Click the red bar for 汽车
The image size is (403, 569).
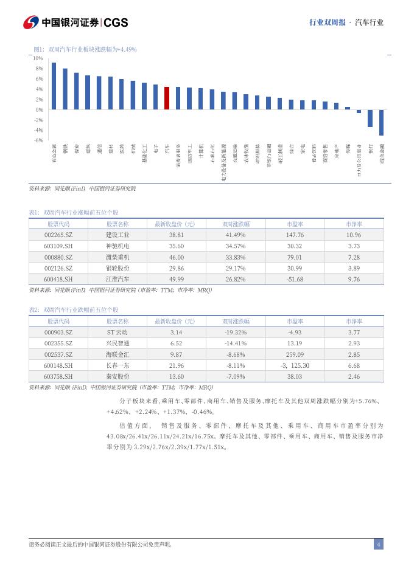pyautogui.click(x=167, y=98)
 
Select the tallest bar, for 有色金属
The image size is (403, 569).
pyautogui.click(x=54, y=86)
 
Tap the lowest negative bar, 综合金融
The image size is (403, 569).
pyautogui.click(x=381, y=122)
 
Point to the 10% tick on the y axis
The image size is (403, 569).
pyautogui.click(x=38, y=58)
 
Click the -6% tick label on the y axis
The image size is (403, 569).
pyautogui.click(x=38, y=140)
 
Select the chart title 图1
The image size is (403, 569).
pyautogui.click(x=85, y=49)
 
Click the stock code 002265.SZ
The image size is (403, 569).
pyautogui.click(x=58, y=235)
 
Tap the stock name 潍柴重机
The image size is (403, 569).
pyautogui.click(x=117, y=257)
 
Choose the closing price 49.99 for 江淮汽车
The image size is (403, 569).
pyautogui.click(x=177, y=279)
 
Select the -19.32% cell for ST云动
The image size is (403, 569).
pyautogui.click(x=236, y=332)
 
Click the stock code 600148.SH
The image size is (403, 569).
pyautogui.click(x=58, y=365)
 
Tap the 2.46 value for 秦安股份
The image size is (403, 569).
pyautogui.click(x=354, y=376)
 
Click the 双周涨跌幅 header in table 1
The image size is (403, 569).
pyautogui.click(x=236, y=224)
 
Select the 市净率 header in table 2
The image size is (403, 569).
pyautogui.click(x=354, y=321)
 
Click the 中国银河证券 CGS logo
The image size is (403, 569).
pyautogui.click(x=75, y=22)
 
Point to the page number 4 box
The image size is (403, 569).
pyautogui.click(x=378, y=544)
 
